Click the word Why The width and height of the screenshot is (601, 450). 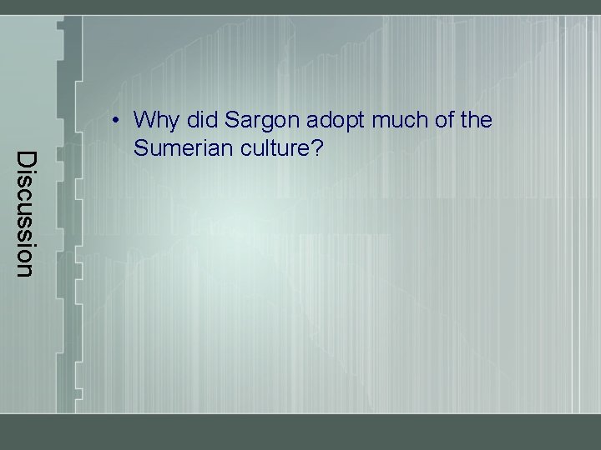click(x=155, y=122)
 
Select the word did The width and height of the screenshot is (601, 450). click(x=200, y=121)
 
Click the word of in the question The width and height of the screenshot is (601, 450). click(x=440, y=121)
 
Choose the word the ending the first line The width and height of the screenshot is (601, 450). click(x=476, y=121)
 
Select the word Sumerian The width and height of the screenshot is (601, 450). click(x=175, y=149)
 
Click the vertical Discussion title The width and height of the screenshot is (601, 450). click(x=26, y=213)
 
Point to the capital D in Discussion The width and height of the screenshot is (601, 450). click(x=26, y=158)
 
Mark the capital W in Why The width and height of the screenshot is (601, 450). click(x=144, y=121)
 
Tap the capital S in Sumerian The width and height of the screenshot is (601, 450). click(x=140, y=149)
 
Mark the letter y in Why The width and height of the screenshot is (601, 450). click(x=173, y=124)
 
